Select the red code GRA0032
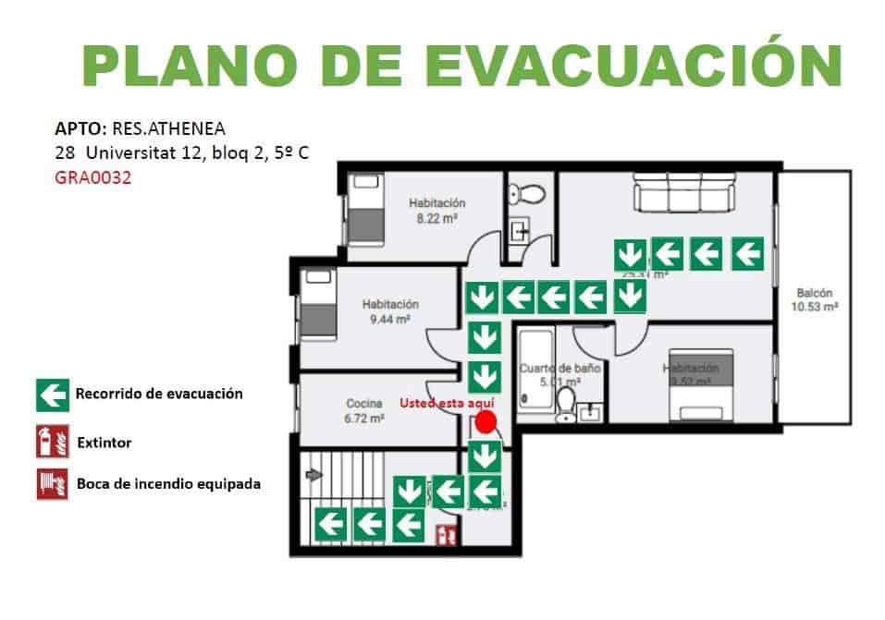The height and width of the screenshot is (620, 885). coord(93,178)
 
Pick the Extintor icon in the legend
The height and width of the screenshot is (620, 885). coord(52,443)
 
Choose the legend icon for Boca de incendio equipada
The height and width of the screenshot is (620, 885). coord(52,483)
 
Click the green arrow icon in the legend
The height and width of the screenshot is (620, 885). coord(52,395)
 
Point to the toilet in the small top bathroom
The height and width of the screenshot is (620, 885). coord(529,194)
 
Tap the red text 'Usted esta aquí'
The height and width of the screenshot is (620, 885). coord(447,403)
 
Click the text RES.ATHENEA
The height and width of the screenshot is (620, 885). coord(168,128)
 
